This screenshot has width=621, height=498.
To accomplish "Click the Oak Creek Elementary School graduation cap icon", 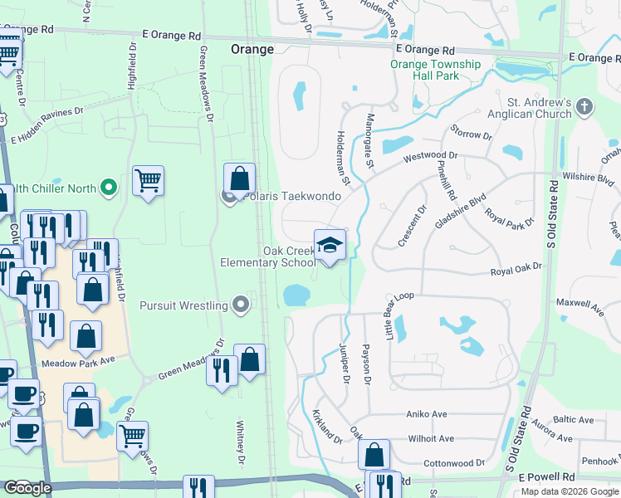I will click(329, 246).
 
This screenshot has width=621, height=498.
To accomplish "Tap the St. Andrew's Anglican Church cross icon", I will click(584, 106).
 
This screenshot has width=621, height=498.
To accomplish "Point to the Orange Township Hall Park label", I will click(436, 70).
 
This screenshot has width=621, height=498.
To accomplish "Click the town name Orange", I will click(252, 50).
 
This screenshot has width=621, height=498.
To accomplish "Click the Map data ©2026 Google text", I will click(570, 491).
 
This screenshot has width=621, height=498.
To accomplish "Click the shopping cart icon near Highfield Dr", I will click(148, 179).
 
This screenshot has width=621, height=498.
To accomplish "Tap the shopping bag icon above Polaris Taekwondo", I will click(239, 178).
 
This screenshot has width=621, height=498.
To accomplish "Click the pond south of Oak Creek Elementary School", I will click(295, 295).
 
